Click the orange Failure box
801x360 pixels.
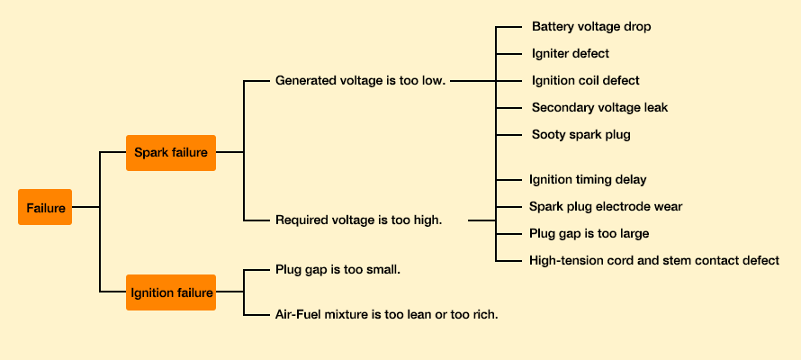[x=45, y=207]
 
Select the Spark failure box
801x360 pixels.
[x=171, y=152]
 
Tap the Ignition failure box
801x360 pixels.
[x=171, y=292]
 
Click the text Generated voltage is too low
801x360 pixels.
[x=360, y=80]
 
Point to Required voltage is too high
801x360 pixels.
[x=358, y=220]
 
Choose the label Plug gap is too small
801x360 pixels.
[x=337, y=269]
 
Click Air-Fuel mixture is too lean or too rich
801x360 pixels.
[x=386, y=314]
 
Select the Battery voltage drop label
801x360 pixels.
[x=591, y=27]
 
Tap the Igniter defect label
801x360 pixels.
[x=571, y=54]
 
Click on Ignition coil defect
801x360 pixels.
[x=585, y=81]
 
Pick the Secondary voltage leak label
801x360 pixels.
[x=599, y=108]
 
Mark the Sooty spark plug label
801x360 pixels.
[x=581, y=135]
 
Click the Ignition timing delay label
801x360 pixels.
[x=588, y=180]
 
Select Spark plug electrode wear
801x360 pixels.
[x=606, y=206]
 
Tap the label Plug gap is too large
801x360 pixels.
[x=589, y=233]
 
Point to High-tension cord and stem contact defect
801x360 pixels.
[x=654, y=260]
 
